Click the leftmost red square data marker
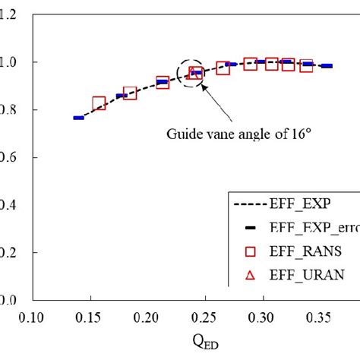99,103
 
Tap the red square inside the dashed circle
195,74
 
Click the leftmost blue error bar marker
78,118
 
